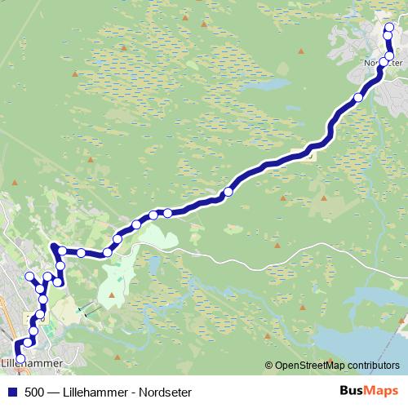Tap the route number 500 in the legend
(36, 392)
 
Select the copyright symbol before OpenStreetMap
(269, 366)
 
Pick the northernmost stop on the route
(389, 27)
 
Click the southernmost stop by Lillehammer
(20, 357)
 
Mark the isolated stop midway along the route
(228, 192)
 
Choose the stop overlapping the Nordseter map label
(384, 62)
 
